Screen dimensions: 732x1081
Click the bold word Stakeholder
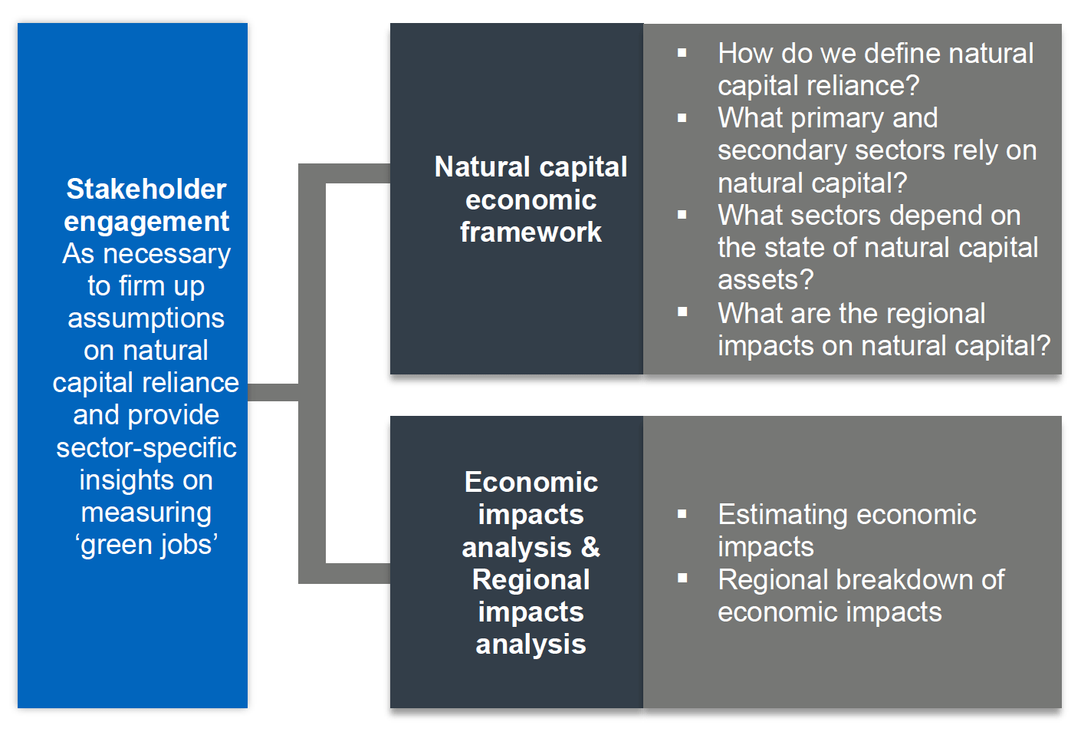pos(146,189)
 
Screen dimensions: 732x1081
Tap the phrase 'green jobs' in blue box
pos(146,544)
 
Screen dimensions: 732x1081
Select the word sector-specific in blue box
pos(146,447)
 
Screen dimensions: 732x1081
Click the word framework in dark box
pos(531,232)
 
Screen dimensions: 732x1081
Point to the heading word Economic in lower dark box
pos(531,482)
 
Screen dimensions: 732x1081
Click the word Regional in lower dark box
pos(531,579)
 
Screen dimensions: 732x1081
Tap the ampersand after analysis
pos(590,547)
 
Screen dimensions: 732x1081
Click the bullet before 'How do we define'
pos(682,54)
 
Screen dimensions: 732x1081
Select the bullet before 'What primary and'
pos(682,118)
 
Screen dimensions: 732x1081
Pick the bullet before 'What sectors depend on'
pos(682,216)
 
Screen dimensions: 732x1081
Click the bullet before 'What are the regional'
pos(682,312)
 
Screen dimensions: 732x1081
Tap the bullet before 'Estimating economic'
pos(682,514)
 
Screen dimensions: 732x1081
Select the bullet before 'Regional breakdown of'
pos(682,579)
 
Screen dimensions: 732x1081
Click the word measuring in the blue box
pos(146,512)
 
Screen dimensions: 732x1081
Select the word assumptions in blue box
pos(146,318)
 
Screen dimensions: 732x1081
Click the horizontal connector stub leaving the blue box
pos(273,392)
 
